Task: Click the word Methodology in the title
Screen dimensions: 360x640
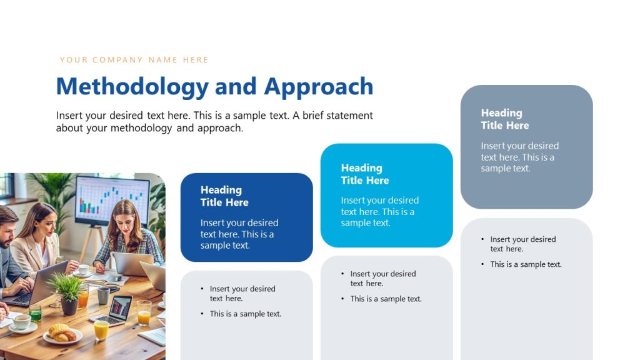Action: pos(132,87)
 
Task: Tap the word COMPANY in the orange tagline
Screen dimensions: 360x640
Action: pos(118,60)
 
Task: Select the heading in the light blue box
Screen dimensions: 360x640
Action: pos(365,174)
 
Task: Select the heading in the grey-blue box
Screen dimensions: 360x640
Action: pos(505,119)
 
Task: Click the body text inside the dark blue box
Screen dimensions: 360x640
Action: pos(239,234)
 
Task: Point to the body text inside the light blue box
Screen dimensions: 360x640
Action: pos(379,211)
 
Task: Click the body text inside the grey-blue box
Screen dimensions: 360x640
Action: pos(519,157)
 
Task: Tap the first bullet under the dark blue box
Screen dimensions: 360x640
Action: pos(242,293)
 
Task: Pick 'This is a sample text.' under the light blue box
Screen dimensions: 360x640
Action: pos(386,299)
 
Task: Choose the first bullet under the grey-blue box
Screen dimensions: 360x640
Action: pos(522,244)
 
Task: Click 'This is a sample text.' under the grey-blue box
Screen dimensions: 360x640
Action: pos(526,264)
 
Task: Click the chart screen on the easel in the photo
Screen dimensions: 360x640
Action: pos(112,199)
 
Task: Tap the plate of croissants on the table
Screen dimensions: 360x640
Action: pos(62,333)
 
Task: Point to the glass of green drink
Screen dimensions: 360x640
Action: pos(36,312)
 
